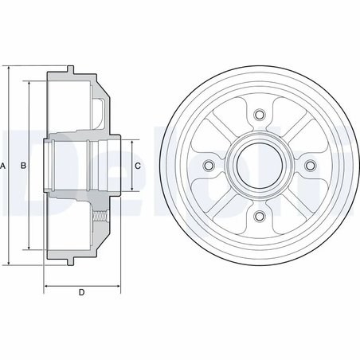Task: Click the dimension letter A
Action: click(x=5, y=166)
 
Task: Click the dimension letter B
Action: click(x=24, y=166)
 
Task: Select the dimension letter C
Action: click(x=138, y=166)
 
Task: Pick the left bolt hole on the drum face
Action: click(x=210, y=166)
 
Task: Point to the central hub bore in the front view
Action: click(x=258, y=166)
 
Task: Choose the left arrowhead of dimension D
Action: click(x=46, y=284)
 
